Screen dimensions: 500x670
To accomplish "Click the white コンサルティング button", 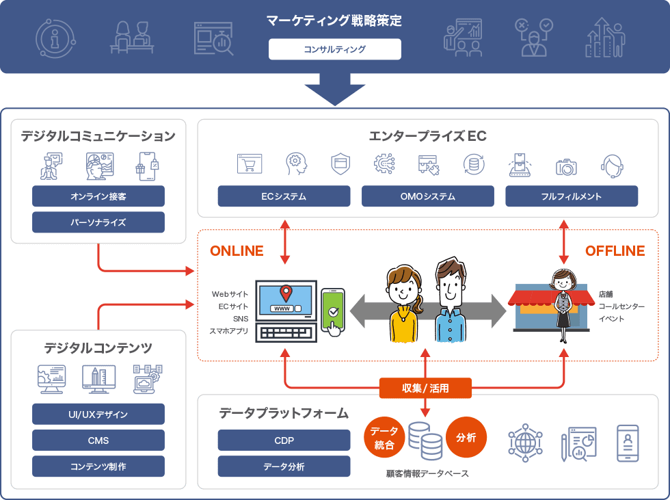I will click(334, 49).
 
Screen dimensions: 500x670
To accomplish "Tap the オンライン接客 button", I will click(98, 196).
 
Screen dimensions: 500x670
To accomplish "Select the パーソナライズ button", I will click(98, 222).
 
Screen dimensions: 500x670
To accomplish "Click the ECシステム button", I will click(284, 196).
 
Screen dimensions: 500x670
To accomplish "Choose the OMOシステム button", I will click(427, 196).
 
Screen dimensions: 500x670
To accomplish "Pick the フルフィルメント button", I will click(571, 196).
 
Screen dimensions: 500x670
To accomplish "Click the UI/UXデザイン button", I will click(98, 415).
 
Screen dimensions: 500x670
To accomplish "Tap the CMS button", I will click(98, 440).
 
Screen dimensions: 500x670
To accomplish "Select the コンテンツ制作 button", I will click(98, 466).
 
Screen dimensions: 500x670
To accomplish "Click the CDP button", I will click(284, 440).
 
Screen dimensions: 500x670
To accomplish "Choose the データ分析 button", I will click(284, 466).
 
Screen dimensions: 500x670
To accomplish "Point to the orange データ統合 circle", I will click(383, 438).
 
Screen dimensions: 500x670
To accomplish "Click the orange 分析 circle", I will click(466, 438).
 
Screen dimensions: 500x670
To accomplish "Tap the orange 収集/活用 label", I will click(425, 389).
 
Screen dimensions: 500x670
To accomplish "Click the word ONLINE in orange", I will click(237, 251).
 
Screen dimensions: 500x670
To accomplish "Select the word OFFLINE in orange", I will click(615, 251).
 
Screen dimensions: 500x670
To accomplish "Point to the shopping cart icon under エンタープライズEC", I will click(250, 164).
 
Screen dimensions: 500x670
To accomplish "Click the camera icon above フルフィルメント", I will click(566, 166).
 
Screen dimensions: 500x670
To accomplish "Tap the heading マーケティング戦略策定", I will click(334, 21).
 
